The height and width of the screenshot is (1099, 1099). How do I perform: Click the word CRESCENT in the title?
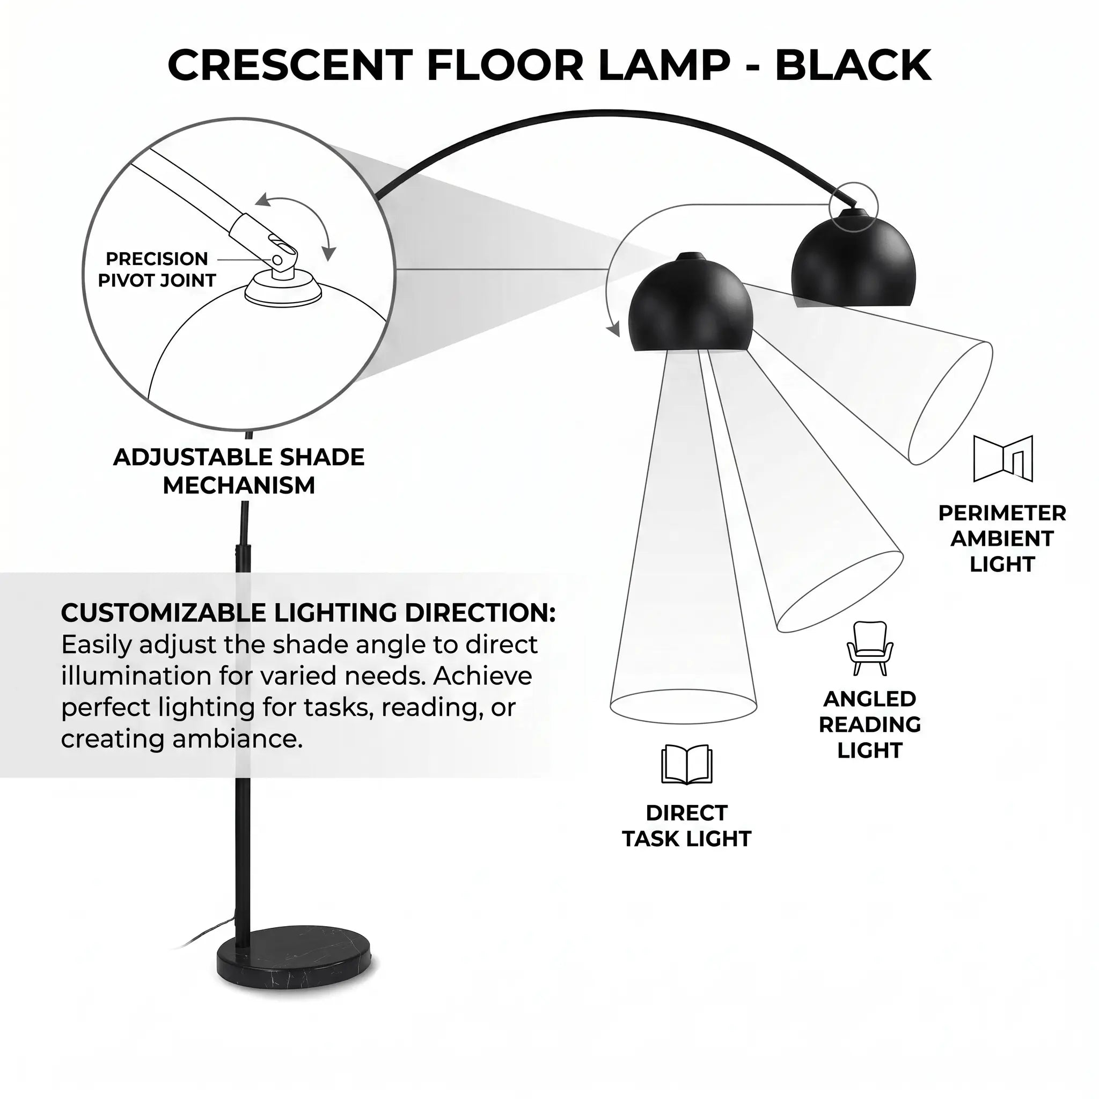(290, 65)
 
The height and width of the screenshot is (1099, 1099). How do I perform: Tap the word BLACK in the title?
(853, 65)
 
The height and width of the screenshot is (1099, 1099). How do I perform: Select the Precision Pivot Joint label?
(157, 269)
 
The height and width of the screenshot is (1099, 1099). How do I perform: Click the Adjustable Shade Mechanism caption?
(239, 471)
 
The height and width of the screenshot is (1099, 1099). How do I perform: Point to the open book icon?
(686, 765)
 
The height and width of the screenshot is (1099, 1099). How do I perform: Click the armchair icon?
(870, 648)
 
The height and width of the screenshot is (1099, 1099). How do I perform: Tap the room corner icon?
(1003, 458)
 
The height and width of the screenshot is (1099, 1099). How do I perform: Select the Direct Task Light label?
(686, 825)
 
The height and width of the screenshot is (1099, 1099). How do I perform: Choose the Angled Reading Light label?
(870, 724)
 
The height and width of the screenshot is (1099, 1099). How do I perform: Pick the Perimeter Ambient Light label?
(1002, 538)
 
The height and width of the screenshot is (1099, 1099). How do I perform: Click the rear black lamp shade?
(853, 259)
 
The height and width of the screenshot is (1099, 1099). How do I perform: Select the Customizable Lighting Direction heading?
(307, 613)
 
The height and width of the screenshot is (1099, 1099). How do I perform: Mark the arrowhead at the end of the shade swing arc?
(613, 329)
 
